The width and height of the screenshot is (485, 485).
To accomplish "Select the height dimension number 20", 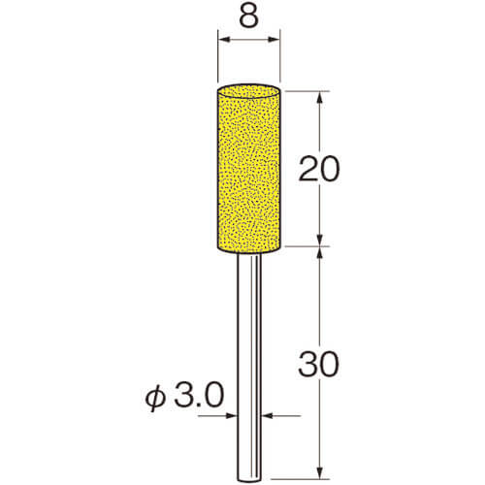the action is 319,169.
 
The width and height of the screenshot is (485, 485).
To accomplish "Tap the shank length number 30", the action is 319,365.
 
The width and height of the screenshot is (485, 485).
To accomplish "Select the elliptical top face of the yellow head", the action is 248,91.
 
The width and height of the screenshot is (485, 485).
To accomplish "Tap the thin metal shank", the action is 248,367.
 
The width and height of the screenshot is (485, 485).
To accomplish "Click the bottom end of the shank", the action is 248,482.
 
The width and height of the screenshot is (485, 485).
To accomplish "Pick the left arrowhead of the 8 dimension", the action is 224,40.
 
